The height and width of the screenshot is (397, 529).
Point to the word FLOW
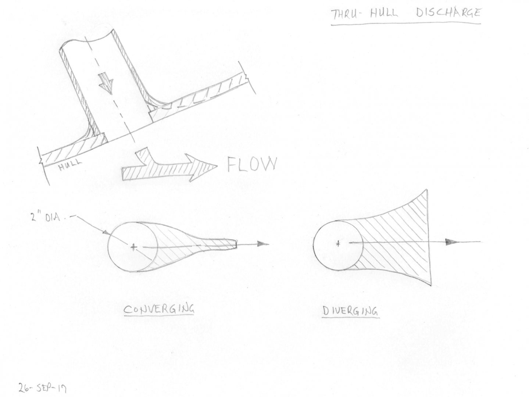pos(251,165)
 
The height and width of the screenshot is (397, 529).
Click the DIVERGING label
pos(350,311)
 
